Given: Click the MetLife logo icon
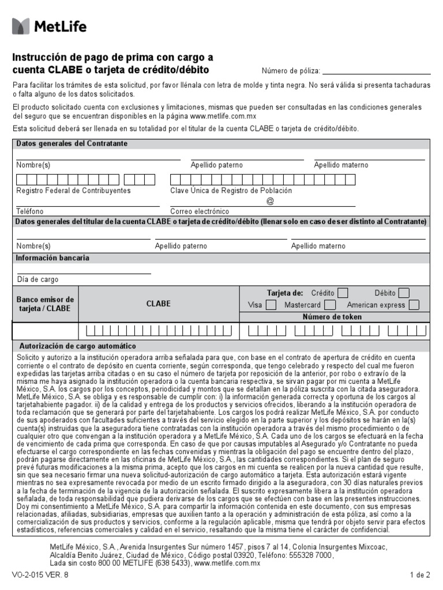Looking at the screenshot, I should (21, 26).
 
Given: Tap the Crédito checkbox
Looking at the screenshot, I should (343, 293).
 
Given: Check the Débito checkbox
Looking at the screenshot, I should (404, 293).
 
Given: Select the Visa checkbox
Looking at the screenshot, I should (271, 305).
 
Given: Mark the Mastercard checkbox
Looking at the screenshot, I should (330, 305).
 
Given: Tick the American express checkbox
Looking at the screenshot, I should (414, 305).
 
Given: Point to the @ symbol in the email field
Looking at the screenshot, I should (270, 201).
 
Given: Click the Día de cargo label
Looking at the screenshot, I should (37, 279).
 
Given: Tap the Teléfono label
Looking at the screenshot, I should (30, 211).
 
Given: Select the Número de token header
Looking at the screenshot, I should (332, 317).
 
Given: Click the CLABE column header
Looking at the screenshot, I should (159, 304).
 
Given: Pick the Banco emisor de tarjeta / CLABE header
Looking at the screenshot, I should (45, 304).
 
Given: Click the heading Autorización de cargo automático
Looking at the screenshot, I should (78, 346).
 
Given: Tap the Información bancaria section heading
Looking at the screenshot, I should (52, 258).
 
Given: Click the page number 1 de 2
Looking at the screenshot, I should (419, 575).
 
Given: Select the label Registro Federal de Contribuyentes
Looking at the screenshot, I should (73, 191).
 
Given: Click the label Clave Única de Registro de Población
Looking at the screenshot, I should (231, 191).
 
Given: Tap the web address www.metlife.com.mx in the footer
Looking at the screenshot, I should (227, 563).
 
